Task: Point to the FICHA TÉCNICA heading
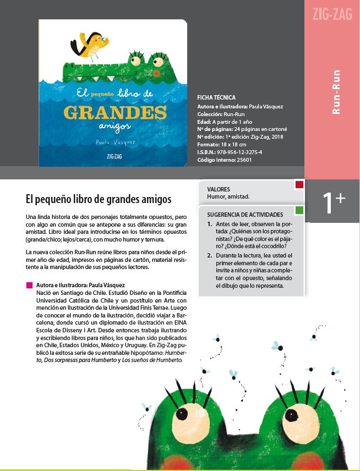[216, 97]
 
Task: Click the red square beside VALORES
[299, 185]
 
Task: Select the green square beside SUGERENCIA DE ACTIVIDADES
[299, 210]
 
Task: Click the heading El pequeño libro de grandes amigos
[99, 198]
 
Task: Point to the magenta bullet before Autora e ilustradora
[29, 286]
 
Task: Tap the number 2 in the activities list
[210, 255]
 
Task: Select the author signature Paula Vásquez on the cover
[116, 142]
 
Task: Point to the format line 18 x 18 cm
[222, 144]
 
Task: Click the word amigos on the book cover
[115, 125]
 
